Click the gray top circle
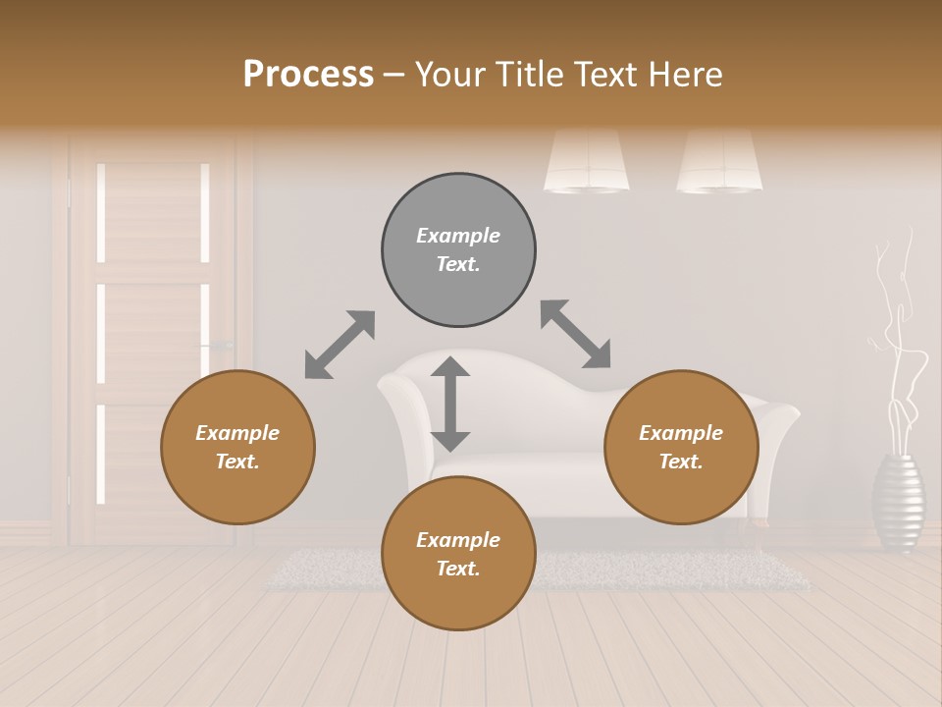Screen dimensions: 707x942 coord(458,249)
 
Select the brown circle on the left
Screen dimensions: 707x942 coord(237,447)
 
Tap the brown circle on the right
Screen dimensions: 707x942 coord(681,447)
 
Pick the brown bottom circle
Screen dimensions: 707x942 coord(458,554)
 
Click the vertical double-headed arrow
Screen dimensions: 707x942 coord(450,404)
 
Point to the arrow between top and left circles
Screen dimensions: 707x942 coord(340,345)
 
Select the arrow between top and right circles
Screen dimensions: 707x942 coord(576,334)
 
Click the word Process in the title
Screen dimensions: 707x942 coord(308,75)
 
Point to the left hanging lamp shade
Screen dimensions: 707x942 coord(587,162)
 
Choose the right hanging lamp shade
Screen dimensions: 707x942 coord(719,162)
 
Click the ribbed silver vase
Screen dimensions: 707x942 coord(898,501)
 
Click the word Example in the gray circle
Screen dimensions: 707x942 coord(458,236)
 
